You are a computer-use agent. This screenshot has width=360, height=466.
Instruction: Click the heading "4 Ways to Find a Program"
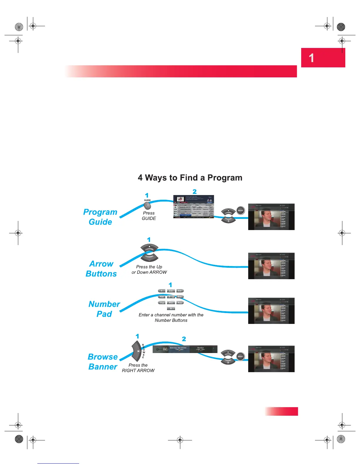tap(190, 178)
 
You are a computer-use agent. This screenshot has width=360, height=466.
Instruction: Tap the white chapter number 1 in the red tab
tap(311, 58)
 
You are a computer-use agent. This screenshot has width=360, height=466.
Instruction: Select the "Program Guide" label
tap(100, 217)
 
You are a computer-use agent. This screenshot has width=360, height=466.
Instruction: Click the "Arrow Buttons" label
tap(101, 269)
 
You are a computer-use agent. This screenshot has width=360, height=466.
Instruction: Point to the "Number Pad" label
tap(104, 309)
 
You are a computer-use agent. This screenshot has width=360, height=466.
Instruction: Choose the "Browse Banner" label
tap(103, 362)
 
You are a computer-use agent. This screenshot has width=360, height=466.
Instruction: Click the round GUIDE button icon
tap(147, 206)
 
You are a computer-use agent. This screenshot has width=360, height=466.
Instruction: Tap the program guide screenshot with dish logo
tap(194, 207)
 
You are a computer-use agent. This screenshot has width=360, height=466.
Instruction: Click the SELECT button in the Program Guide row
tap(241, 210)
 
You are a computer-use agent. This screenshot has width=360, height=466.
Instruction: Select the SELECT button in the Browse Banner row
tap(240, 357)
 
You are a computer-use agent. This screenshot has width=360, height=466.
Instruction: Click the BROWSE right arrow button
tap(137, 351)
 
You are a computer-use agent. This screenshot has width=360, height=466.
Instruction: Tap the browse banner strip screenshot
tap(185, 349)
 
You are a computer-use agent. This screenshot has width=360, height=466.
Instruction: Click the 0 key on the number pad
tap(171, 308)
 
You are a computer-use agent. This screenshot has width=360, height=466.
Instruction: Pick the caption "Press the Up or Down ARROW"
tap(149, 269)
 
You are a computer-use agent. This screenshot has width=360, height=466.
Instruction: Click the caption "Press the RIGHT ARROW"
tap(138, 368)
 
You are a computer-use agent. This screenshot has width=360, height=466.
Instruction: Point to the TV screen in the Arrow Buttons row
tap(271, 266)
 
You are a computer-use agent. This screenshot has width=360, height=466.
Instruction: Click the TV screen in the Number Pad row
tap(271, 311)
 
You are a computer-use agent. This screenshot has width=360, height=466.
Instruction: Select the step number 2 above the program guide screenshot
tap(194, 192)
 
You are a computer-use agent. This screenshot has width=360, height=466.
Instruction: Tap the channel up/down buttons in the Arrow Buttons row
tap(149, 253)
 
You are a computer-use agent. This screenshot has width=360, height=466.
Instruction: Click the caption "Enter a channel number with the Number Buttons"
tap(171, 317)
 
